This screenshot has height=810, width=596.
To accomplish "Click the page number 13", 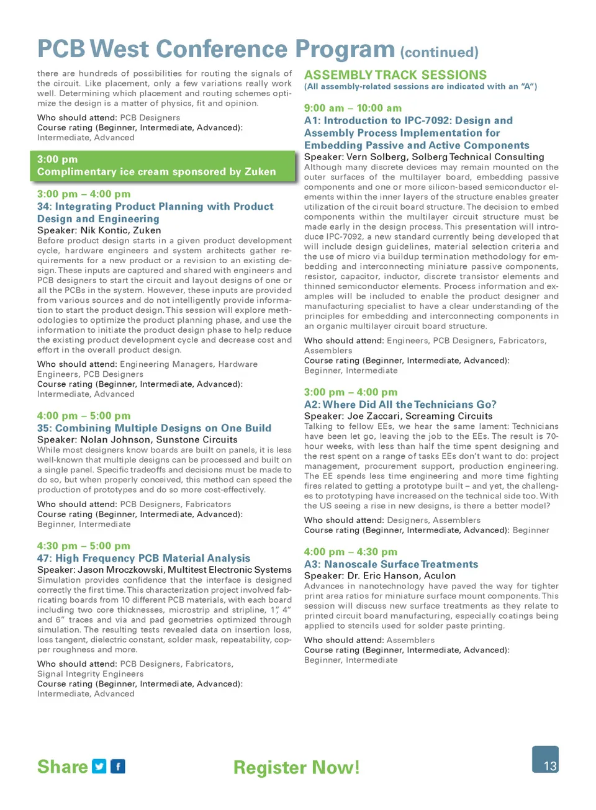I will click(549, 765).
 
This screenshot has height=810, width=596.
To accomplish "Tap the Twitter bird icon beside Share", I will click(99, 766).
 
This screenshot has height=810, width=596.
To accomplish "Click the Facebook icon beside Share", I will click(118, 766).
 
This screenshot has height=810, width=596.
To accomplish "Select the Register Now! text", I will click(296, 767).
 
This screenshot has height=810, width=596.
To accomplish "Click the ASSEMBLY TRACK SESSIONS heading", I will click(395, 74).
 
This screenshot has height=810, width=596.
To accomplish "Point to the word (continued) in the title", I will click(439, 52).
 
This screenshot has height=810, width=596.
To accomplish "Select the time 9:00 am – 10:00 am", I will click(353, 108).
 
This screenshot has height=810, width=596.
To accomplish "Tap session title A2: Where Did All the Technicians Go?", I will click(400, 405).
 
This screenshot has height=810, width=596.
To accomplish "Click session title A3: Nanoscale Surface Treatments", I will click(391, 564).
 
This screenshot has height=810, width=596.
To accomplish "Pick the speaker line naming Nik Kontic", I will click(99, 230).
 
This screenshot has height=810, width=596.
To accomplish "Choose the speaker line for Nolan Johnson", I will click(137, 439).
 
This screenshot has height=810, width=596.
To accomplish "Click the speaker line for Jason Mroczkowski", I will click(164, 570).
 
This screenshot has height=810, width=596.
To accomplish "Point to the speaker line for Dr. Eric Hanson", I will click(380, 575).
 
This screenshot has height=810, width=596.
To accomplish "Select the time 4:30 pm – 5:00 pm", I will click(84, 546).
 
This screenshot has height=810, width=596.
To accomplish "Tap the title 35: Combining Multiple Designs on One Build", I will click(154, 428).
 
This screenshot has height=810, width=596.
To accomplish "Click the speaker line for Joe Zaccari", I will click(398, 416).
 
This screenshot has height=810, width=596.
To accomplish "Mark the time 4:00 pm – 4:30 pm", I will click(350, 552).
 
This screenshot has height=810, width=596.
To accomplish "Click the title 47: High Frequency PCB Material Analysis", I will click(143, 558).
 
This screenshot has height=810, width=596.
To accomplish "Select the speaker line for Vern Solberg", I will click(424, 157).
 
